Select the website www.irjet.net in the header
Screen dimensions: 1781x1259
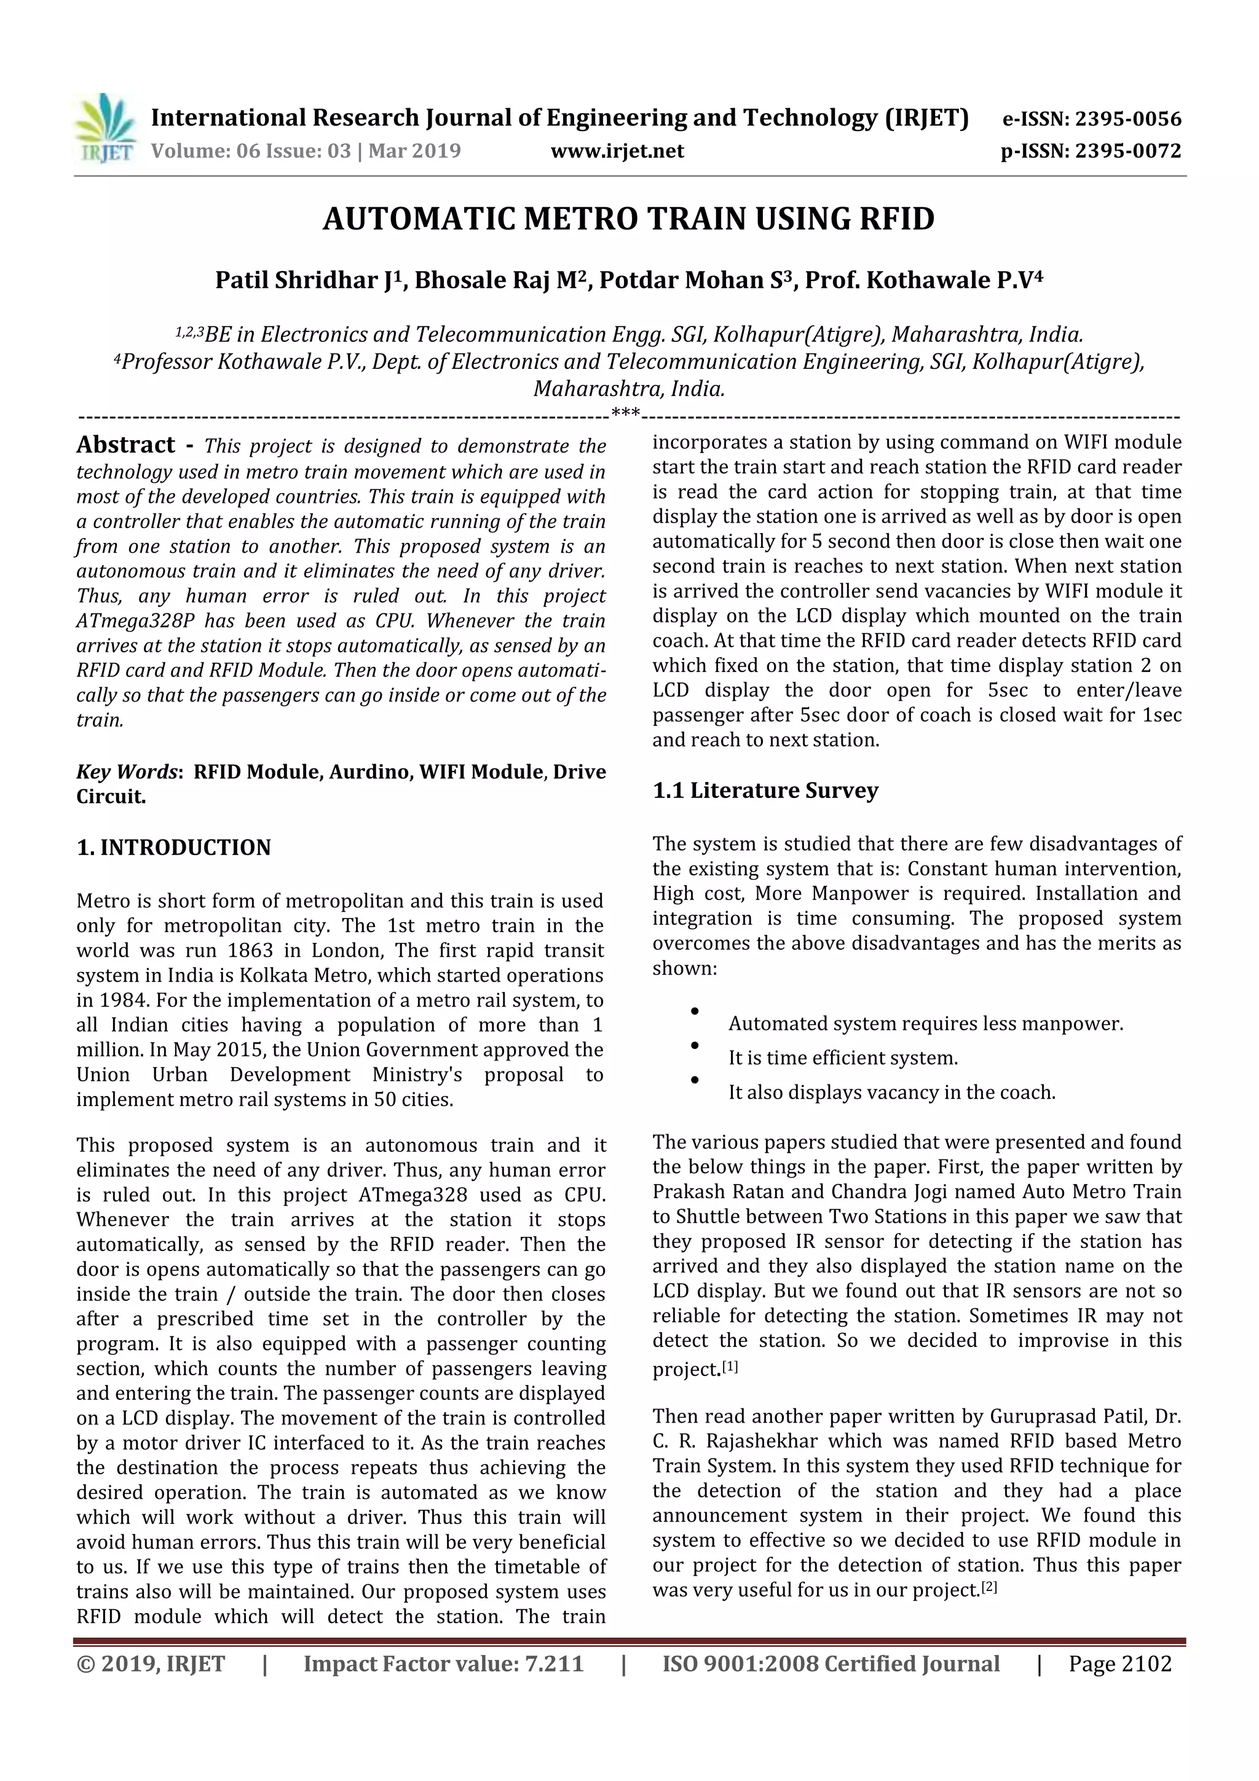[617, 151]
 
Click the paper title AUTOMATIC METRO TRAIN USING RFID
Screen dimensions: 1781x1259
[628, 219]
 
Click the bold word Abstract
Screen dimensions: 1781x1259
[125, 444]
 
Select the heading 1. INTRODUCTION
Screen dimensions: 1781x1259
[174, 847]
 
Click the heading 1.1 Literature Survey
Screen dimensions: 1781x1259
[765, 791]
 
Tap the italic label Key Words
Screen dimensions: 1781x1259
[127, 772]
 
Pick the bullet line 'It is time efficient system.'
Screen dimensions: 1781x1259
[842, 1058]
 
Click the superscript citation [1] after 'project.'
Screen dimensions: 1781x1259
[730, 1366]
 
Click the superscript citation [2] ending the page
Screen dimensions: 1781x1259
[989, 1587]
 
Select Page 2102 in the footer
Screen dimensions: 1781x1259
[1119, 1664]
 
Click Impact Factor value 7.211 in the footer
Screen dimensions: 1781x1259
[443, 1664]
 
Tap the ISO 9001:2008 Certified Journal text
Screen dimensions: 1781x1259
[830, 1664]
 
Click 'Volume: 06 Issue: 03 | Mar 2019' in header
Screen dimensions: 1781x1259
[306, 151]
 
